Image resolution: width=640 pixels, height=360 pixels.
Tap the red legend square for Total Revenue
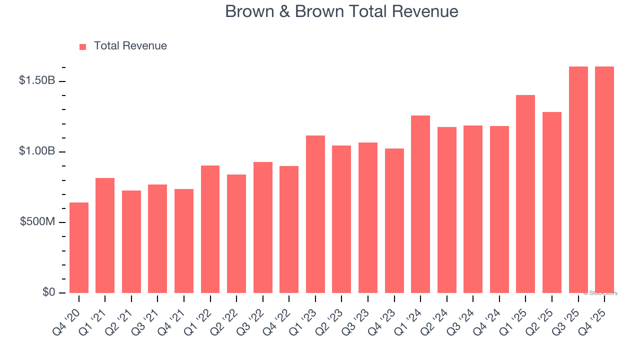click(x=83, y=46)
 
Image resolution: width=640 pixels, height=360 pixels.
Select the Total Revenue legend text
click(x=130, y=46)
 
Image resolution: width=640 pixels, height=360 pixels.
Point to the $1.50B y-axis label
click(x=37, y=80)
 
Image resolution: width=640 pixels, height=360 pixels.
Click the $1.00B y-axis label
click(x=37, y=151)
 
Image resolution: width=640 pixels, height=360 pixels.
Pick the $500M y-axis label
click(x=38, y=222)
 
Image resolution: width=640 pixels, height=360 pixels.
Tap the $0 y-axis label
click(x=48, y=292)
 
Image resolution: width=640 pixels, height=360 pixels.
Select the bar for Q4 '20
click(x=79, y=247)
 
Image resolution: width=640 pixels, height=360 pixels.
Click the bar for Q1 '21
click(x=105, y=235)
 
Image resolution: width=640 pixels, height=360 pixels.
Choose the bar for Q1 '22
click(x=210, y=229)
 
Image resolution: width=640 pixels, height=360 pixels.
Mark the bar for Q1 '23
click(x=315, y=214)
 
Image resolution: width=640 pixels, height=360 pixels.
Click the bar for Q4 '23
click(x=394, y=220)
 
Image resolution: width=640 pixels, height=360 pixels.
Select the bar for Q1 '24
click(x=420, y=204)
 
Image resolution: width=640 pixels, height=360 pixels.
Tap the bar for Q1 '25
click(x=525, y=194)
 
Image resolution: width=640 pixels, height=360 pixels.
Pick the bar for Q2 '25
click(x=552, y=202)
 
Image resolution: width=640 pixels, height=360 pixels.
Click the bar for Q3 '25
click(x=578, y=179)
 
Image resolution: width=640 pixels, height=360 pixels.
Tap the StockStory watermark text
click(x=600, y=293)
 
